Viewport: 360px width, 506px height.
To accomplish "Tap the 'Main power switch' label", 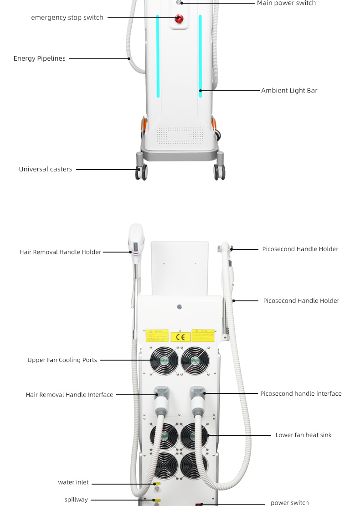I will point(286,3).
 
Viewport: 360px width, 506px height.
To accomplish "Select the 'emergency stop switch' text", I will point(67,18).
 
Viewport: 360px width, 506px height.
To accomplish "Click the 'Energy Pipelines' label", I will point(40,59).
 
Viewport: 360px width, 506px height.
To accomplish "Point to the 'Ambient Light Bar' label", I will point(289,91).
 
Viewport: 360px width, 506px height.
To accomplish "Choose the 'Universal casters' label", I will point(46,170).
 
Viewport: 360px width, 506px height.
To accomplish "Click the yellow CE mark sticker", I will point(180,337).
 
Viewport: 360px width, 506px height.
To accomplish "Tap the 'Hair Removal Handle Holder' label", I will point(60,252).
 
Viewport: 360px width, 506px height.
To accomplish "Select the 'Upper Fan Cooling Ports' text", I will point(62,360).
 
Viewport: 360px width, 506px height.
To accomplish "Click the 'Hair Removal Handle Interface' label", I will point(69,395).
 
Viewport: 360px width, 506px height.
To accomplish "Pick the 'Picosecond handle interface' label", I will point(301,394).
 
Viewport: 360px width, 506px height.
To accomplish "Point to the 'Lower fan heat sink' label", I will point(303,435).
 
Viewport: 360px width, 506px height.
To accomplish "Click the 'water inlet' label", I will point(73,483).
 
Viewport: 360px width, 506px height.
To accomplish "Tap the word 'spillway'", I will point(76,500).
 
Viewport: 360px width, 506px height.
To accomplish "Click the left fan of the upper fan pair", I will point(164,360).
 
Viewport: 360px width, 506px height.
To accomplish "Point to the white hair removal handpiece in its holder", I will point(136,242).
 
